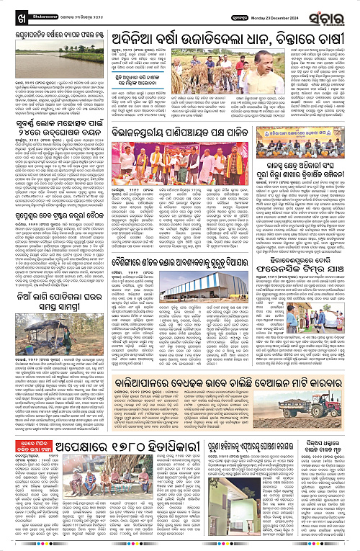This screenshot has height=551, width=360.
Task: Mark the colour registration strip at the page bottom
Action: tap(180, 548)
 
